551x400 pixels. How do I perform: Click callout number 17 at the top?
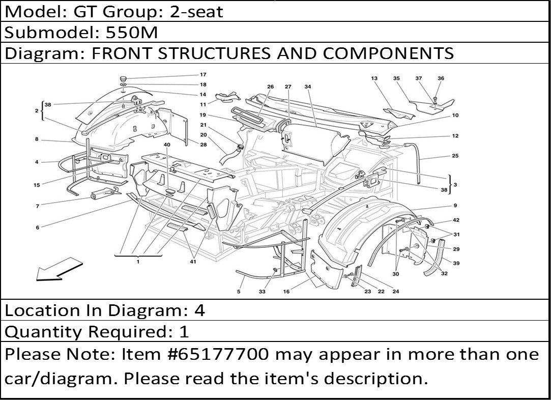(x=203, y=74)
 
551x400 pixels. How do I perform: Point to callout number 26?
(x=270, y=87)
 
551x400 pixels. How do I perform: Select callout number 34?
(x=308, y=87)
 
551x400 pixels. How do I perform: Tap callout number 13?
(x=374, y=78)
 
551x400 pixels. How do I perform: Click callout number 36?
(x=441, y=78)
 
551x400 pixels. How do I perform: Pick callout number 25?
(x=455, y=156)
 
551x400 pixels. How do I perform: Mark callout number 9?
(x=455, y=206)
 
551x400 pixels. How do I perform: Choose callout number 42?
(x=456, y=220)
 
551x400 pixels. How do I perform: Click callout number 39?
(x=456, y=263)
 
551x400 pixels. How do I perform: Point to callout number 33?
(x=262, y=292)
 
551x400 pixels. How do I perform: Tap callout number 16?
(x=286, y=292)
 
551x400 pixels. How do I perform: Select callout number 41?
(x=193, y=262)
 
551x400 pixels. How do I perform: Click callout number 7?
(x=37, y=206)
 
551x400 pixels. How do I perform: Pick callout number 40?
(x=167, y=145)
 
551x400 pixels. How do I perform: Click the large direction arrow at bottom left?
(x=60, y=269)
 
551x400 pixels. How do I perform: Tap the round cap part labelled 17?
(x=124, y=77)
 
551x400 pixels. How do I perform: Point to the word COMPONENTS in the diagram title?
(x=388, y=53)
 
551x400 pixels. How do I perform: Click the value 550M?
(x=132, y=33)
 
